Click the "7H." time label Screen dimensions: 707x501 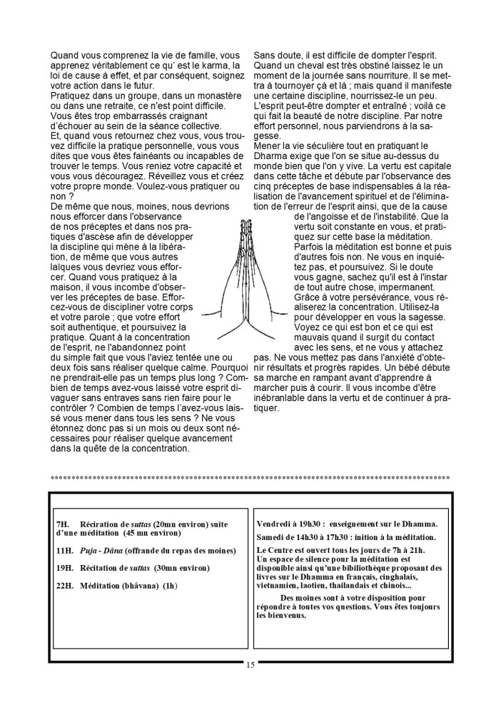coord(62,524)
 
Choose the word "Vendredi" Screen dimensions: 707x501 coord(275,524)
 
